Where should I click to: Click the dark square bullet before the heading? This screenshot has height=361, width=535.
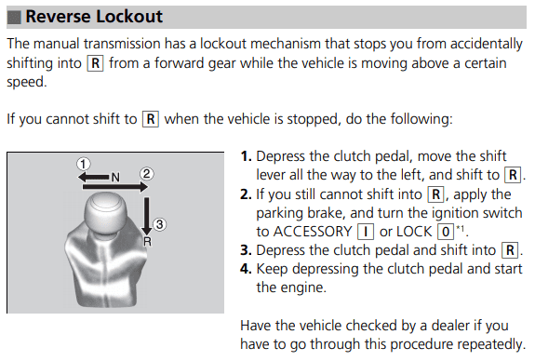(14, 17)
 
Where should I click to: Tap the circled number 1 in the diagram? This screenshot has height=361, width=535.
(83, 164)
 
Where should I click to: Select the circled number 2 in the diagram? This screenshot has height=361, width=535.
(147, 174)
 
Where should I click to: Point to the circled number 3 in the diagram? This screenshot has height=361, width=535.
(159, 225)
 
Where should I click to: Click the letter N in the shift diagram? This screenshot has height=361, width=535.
(115, 178)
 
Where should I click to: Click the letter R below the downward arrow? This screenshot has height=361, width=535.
(147, 242)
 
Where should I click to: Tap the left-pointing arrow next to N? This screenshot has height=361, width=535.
(93, 177)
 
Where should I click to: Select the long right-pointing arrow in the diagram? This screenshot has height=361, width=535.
(115, 187)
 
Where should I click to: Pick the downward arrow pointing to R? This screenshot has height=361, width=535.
(147, 216)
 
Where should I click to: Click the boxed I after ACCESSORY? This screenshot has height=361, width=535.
(366, 232)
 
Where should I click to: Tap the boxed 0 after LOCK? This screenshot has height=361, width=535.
(446, 232)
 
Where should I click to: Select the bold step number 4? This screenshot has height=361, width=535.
(246, 269)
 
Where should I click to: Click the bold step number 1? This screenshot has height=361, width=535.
(246, 156)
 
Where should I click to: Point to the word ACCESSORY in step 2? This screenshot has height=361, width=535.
(313, 232)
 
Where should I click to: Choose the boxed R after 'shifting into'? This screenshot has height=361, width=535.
(96, 63)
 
